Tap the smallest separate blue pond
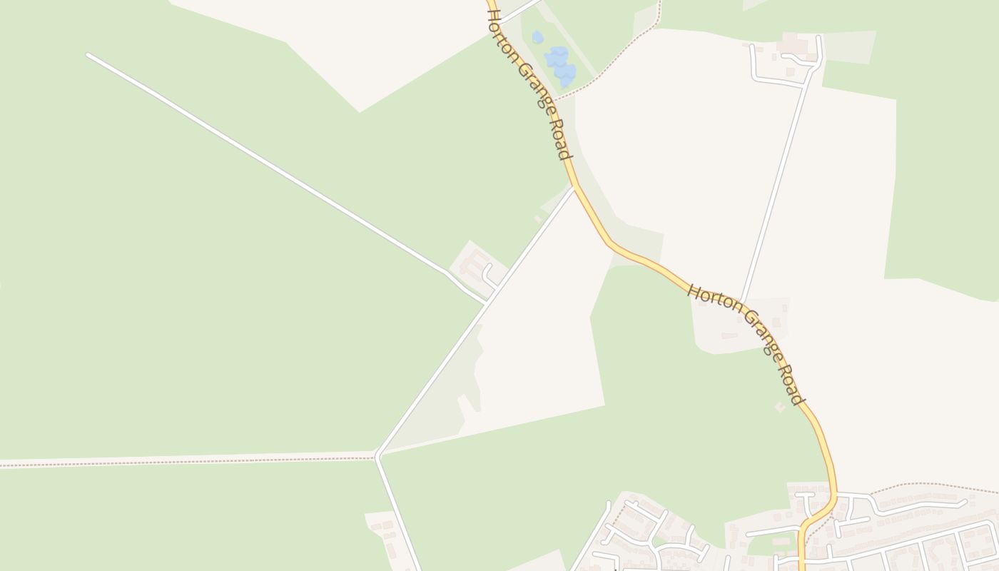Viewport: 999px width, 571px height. [x=537, y=37]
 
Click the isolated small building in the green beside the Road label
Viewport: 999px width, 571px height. [x=780, y=407]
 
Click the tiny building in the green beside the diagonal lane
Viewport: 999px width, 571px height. [x=538, y=219]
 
